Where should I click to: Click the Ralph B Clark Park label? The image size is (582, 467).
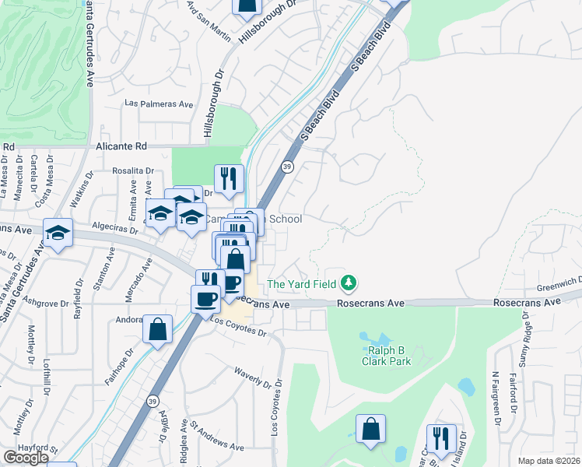pyautogui.click(x=390, y=356)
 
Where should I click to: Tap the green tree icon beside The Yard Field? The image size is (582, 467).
pyautogui.click(x=350, y=283)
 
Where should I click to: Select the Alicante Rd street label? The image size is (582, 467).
pyautogui.click(x=121, y=146)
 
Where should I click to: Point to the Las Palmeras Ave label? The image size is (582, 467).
pyautogui.click(x=159, y=104)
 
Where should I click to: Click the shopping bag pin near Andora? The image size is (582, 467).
pyautogui.click(x=157, y=328)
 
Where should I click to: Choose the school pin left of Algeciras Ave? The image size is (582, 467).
pyautogui.click(x=58, y=233)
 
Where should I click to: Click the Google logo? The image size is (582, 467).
pyautogui.click(x=25, y=458)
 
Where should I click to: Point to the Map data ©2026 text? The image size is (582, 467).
pyautogui.click(x=549, y=461)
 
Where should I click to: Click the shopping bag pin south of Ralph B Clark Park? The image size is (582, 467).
pyautogui.click(x=371, y=429)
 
